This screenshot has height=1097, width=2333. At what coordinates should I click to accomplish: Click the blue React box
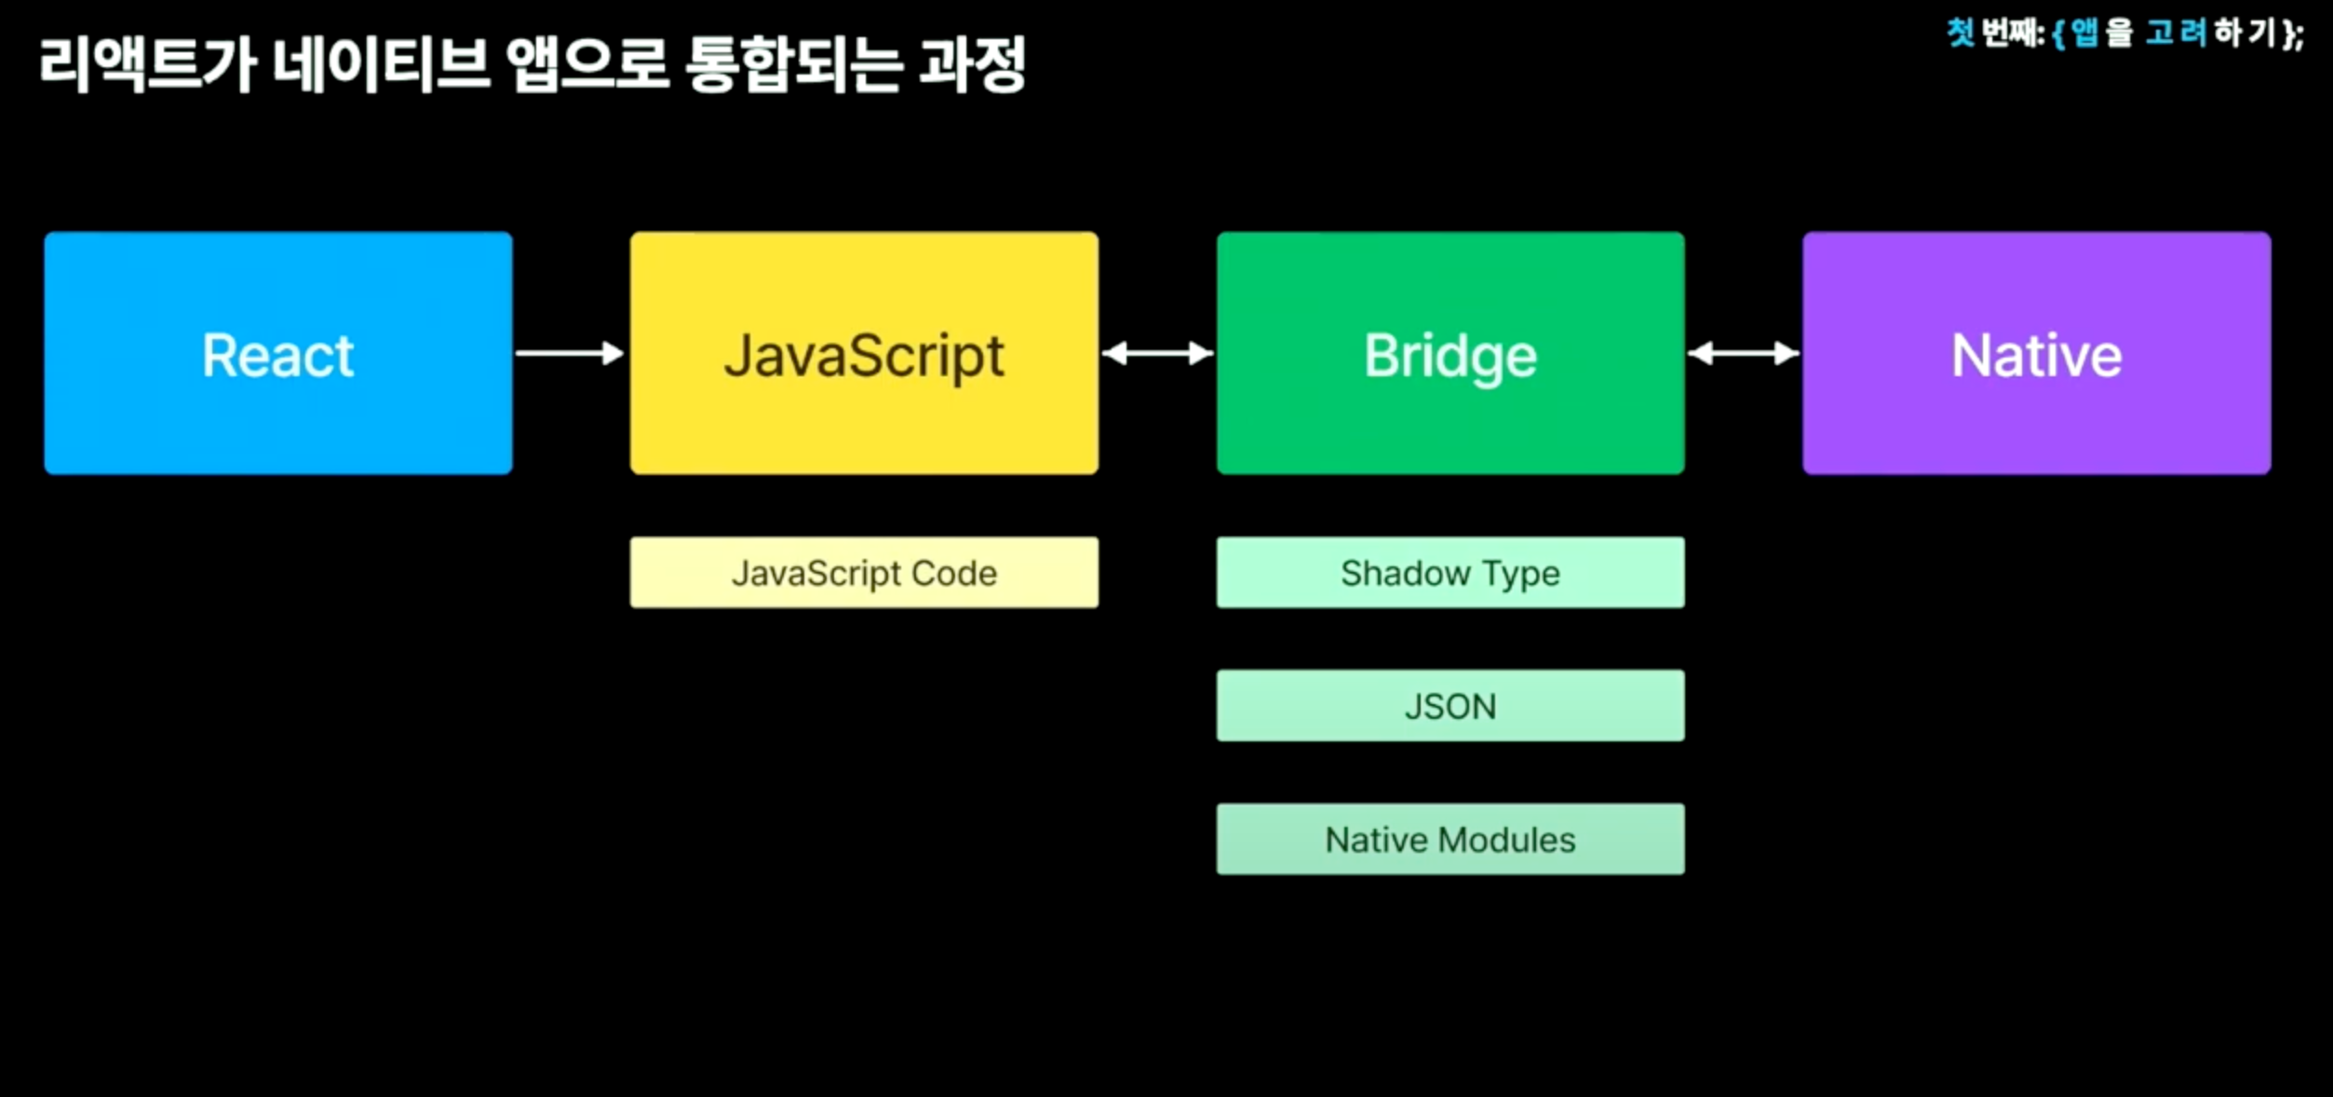point(277,353)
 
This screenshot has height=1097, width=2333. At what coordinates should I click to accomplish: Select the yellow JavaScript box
point(864,353)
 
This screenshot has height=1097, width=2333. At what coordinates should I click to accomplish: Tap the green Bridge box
point(1450,353)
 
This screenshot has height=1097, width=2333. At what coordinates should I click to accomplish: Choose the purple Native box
point(2036,353)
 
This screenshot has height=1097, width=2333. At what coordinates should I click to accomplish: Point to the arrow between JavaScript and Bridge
point(1157,353)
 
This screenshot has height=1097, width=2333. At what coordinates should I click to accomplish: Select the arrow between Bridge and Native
point(1743,353)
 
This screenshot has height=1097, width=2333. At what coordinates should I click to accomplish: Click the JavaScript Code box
point(864,573)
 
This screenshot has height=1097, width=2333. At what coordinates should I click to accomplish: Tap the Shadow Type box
point(1450,573)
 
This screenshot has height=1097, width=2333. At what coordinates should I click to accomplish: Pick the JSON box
point(1450,706)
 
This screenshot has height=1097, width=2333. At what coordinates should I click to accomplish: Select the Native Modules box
point(1450,839)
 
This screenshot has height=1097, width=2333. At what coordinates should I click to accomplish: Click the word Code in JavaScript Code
point(954,573)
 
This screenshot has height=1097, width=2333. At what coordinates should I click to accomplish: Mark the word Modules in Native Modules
point(1506,840)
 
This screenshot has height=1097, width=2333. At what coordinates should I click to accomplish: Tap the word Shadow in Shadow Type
point(1405,573)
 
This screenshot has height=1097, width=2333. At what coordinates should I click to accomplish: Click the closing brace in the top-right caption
point(2287,34)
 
